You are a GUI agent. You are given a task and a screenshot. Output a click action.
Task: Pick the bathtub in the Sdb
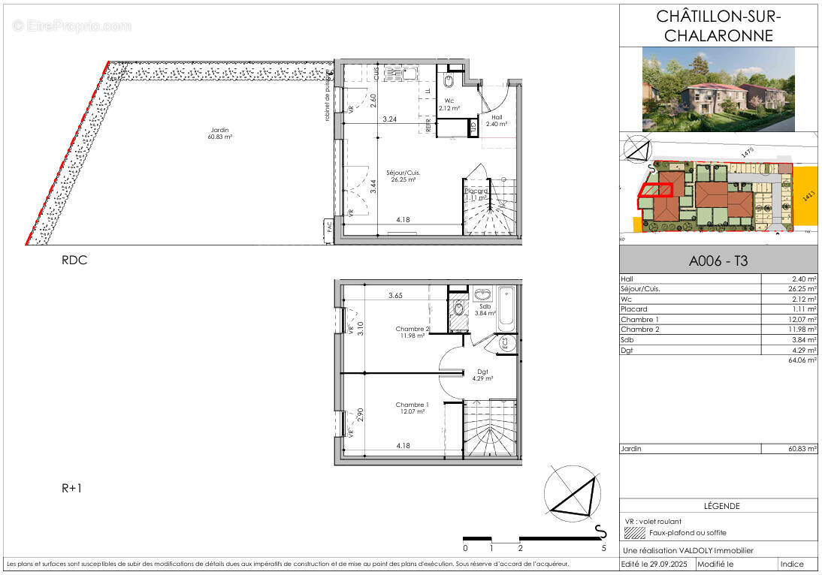(506, 311)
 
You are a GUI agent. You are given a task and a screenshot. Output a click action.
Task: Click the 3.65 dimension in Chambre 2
(396, 296)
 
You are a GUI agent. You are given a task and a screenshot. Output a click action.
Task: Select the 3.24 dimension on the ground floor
(389, 119)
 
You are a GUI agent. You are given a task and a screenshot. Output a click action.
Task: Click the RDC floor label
(74, 260)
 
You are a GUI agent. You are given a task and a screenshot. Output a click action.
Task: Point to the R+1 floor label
(72, 488)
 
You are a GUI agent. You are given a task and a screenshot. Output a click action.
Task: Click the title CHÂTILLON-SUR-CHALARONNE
(719, 26)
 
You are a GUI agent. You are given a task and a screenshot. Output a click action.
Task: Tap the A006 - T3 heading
(718, 262)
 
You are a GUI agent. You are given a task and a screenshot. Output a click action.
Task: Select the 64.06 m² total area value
(801, 360)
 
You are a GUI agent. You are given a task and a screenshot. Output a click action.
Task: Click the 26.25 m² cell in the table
(801, 288)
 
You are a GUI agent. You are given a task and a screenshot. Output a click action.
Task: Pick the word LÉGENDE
(721, 506)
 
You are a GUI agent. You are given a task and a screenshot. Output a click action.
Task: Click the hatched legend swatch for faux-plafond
(635, 533)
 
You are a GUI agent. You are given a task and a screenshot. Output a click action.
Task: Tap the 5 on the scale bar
(603, 549)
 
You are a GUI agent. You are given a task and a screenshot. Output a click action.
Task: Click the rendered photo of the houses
(718, 89)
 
